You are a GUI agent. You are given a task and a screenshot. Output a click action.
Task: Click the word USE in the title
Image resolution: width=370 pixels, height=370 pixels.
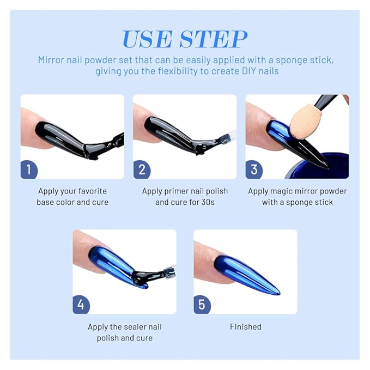pyautogui.click(x=147, y=39)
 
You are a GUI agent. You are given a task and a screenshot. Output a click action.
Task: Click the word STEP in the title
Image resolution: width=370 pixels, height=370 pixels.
pyautogui.click(x=213, y=39)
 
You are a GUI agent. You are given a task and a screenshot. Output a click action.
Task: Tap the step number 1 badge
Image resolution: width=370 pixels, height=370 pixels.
pyautogui.click(x=29, y=169)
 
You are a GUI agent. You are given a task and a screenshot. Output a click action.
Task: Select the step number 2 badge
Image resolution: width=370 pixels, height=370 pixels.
pyautogui.click(x=142, y=169)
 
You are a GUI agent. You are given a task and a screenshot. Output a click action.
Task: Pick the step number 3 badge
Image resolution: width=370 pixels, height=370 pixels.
pyautogui.click(x=254, y=169)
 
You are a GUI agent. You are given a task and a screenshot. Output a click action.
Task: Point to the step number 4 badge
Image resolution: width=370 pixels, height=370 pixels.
pyautogui.click(x=81, y=305)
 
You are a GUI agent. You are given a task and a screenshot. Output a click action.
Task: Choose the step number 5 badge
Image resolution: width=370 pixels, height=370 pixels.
pyautogui.click(x=202, y=305)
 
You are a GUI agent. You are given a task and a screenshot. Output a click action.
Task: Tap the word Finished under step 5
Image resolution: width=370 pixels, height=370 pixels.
pyautogui.click(x=246, y=327)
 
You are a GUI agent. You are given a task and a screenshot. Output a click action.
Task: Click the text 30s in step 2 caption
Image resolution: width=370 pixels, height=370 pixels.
pyautogui.click(x=208, y=202)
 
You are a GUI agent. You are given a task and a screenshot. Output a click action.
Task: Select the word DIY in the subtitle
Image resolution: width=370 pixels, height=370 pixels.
pyautogui.click(x=249, y=71)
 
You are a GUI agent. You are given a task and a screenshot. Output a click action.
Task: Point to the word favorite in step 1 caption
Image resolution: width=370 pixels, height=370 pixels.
pyautogui.click(x=93, y=191)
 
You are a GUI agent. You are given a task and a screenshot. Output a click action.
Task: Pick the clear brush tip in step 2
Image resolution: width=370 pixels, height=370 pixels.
pyautogui.click(x=227, y=138)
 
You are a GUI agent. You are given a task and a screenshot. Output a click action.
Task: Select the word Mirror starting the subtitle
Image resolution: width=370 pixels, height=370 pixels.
pyautogui.click(x=51, y=60)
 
